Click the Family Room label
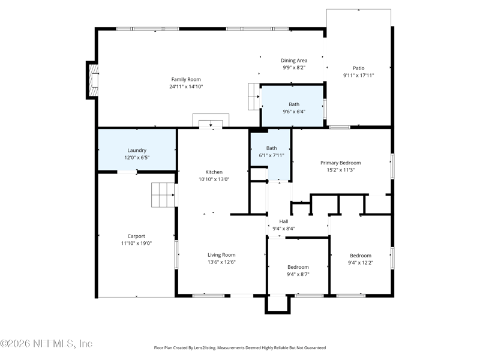pyautogui.click(x=186, y=79)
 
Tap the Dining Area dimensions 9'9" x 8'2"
pyautogui.click(x=295, y=68)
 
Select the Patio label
pyautogui.click(x=358, y=68)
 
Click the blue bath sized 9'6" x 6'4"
pyautogui.click(x=293, y=107)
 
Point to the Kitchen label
pyautogui.click(x=214, y=172)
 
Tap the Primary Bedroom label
pyautogui.click(x=340, y=163)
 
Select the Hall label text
pyautogui.click(x=283, y=221)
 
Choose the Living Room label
pyautogui.click(x=221, y=254)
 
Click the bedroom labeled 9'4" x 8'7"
pyautogui.click(x=298, y=270)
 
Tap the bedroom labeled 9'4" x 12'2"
pyautogui.click(x=361, y=259)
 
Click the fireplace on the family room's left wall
pyautogui.click(x=92, y=79)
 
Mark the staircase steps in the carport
pyautogui.click(x=163, y=195)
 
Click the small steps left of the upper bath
pyautogui.click(x=253, y=97)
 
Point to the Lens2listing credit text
pyautogui.click(x=240, y=347)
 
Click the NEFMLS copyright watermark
pyautogui.click(x=46, y=344)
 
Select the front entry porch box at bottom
pyautogui.click(x=278, y=304)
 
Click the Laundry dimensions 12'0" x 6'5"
pyautogui.click(x=137, y=157)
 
